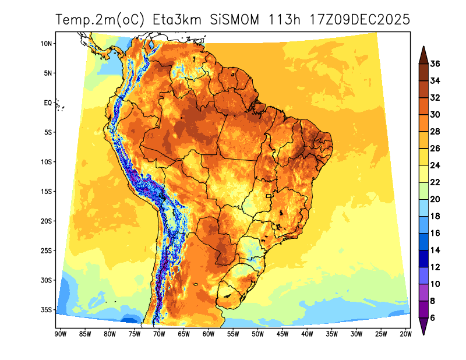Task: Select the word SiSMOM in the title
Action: click(x=235, y=19)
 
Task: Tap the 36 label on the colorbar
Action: click(x=436, y=63)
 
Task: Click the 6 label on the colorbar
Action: click(x=433, y=317)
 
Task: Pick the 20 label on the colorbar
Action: click(x=436, y=199)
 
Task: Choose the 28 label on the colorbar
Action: click(x=436, y=131)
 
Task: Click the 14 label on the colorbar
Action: click(x=436, y=250)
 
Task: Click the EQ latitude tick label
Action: click(x=48, y=103)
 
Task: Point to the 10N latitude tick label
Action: click(x=47, y=44)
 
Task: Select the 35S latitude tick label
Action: click(x=47, y=310)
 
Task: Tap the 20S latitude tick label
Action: click(x=47, y=221)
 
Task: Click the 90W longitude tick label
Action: click(x=59, y=334)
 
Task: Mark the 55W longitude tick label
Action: click(x=233, y=334)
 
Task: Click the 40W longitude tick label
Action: click(x=307, y=334)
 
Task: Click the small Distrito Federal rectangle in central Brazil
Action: click(x=269, y=196)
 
